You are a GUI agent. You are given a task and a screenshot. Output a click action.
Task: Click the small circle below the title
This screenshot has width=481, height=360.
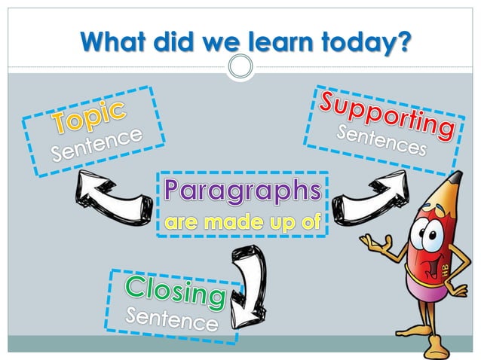click(240, 67)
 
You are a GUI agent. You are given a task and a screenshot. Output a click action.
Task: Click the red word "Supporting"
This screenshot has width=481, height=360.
click(386, 113)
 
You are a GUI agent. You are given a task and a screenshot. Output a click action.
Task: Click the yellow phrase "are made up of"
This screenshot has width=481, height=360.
click(243, 222)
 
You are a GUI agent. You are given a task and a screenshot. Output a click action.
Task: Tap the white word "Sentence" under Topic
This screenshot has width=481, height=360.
click(97, 145)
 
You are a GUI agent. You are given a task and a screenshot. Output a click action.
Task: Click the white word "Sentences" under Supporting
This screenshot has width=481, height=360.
click(381, 140)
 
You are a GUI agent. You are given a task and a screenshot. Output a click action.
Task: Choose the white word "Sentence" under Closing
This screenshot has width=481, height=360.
click(172, 320)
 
